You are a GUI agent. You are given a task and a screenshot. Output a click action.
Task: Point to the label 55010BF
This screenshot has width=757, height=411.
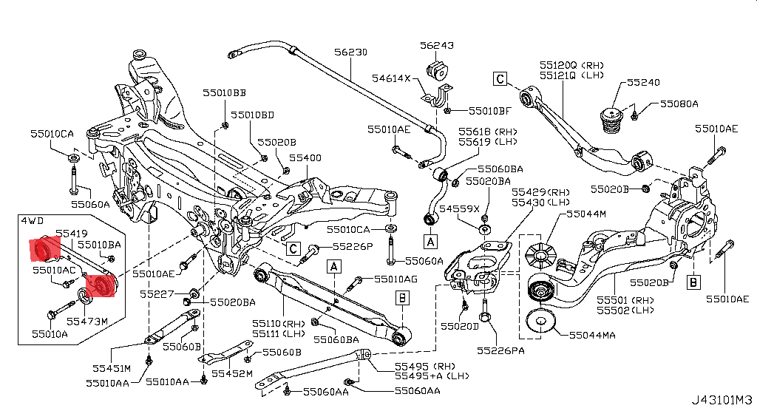(x=489, y=112)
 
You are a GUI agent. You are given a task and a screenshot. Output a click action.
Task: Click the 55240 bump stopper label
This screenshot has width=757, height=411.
(x=644, y=83)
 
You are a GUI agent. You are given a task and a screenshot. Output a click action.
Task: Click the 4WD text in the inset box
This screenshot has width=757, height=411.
(x=33, y=220)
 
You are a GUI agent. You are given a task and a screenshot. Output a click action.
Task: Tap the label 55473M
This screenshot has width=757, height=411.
(x=87, y=322)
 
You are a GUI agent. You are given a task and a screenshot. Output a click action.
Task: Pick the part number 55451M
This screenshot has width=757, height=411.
(x=112, y=368)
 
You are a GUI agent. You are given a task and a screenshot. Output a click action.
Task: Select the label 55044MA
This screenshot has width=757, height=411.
(x=592, y=335)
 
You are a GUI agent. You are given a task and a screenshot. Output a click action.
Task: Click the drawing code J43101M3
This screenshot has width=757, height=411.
(x=722, y=400)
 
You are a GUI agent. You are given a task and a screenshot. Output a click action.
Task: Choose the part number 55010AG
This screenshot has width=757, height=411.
(x=396, y=279)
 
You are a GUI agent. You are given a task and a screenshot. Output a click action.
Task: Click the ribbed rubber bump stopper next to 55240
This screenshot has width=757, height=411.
(x=613, y=122)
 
